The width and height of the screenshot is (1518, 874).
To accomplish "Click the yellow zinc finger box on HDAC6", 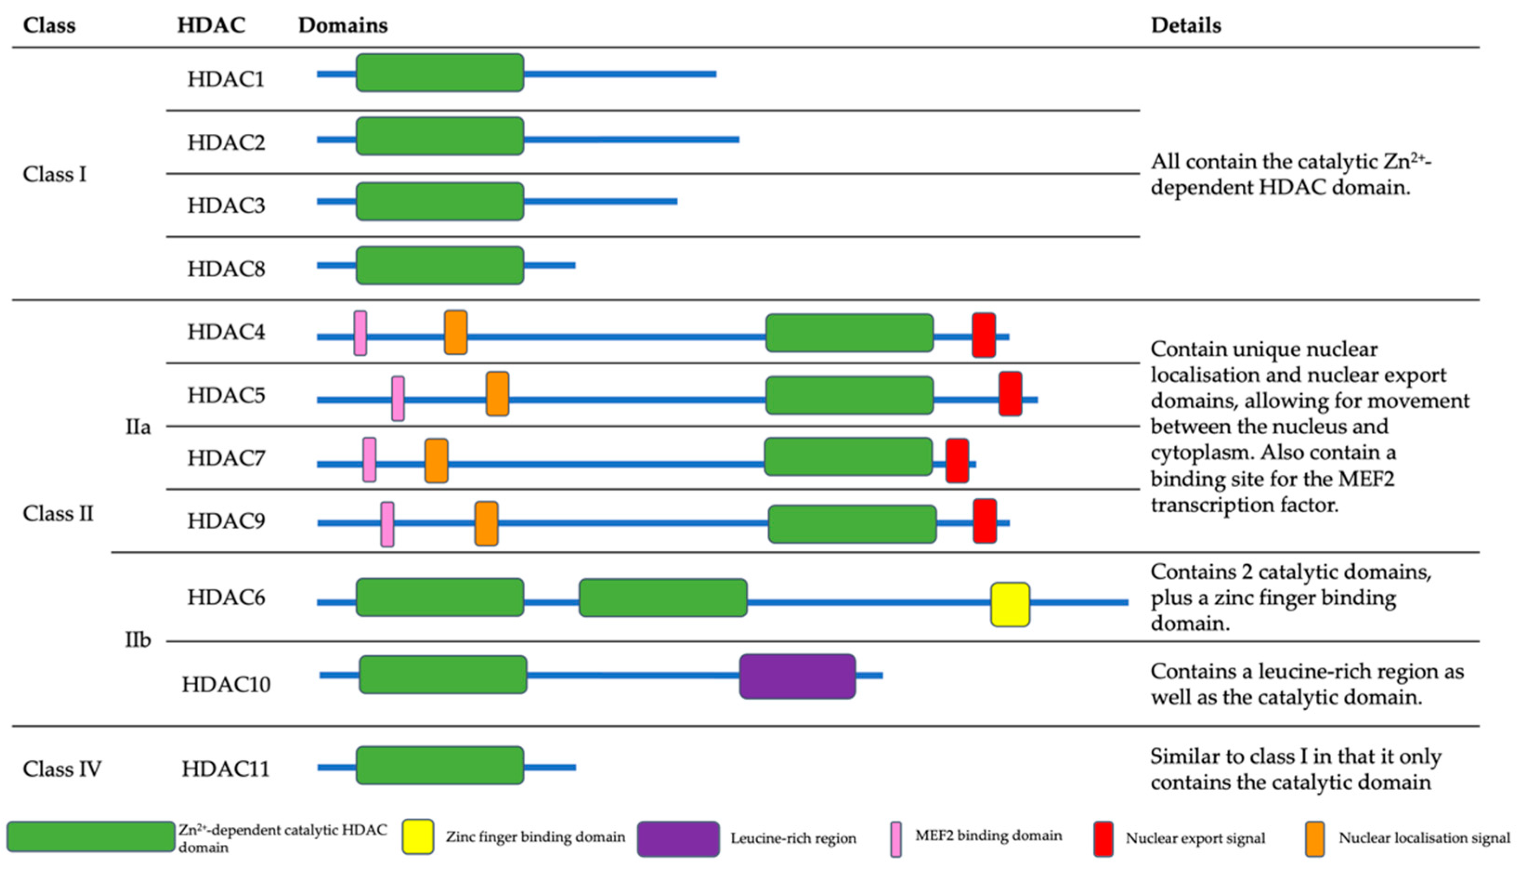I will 1010,604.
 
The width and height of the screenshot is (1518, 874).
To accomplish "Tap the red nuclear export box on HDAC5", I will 1010,393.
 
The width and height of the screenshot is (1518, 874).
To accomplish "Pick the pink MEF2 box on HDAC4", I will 360,333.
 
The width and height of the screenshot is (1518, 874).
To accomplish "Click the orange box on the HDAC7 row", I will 436,460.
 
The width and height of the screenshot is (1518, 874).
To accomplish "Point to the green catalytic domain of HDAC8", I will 440,265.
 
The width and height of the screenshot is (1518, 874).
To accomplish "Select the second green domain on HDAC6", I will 663,598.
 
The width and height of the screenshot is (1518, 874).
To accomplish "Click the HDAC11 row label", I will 226,769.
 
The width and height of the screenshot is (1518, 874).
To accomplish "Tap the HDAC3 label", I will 226,205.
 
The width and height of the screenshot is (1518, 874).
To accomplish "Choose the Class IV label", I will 62,769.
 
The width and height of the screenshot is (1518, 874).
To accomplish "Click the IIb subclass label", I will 137,640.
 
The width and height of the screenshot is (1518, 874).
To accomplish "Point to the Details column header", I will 1186,25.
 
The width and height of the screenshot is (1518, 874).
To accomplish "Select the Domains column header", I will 343,25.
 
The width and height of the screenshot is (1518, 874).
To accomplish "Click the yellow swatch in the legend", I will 418,836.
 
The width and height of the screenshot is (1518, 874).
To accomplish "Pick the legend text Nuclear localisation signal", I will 1424,838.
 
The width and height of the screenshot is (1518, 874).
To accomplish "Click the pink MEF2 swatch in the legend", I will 896,839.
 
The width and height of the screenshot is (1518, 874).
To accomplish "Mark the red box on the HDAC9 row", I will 985,521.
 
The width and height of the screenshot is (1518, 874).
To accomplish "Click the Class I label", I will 55,174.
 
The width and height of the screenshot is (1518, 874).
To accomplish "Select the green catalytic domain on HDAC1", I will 440,72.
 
